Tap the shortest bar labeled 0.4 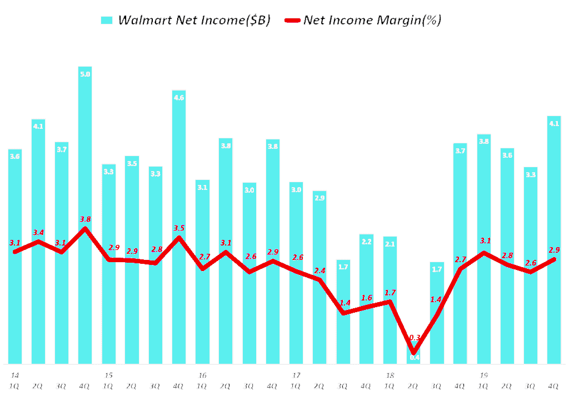click(x=414, y=357)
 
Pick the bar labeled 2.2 click(x=367, y=300)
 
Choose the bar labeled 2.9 click(x=320, y=278)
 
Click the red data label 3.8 click(x=85, y=218)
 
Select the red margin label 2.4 click(x=320, y=270)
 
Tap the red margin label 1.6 click(x=367, y=298)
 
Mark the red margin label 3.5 click(x=179, y=228)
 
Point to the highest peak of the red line click(x=85, y=228)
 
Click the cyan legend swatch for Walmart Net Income click(x=107, y=21)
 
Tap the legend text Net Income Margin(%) click(x=372, y=21)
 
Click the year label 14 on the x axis click(x=14, y=375)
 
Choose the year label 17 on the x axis click(x=296, y=375)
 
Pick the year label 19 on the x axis click(x=484, y=375)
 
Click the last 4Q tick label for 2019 click(x=554, y=386)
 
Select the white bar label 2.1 click(x=390, y=244)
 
